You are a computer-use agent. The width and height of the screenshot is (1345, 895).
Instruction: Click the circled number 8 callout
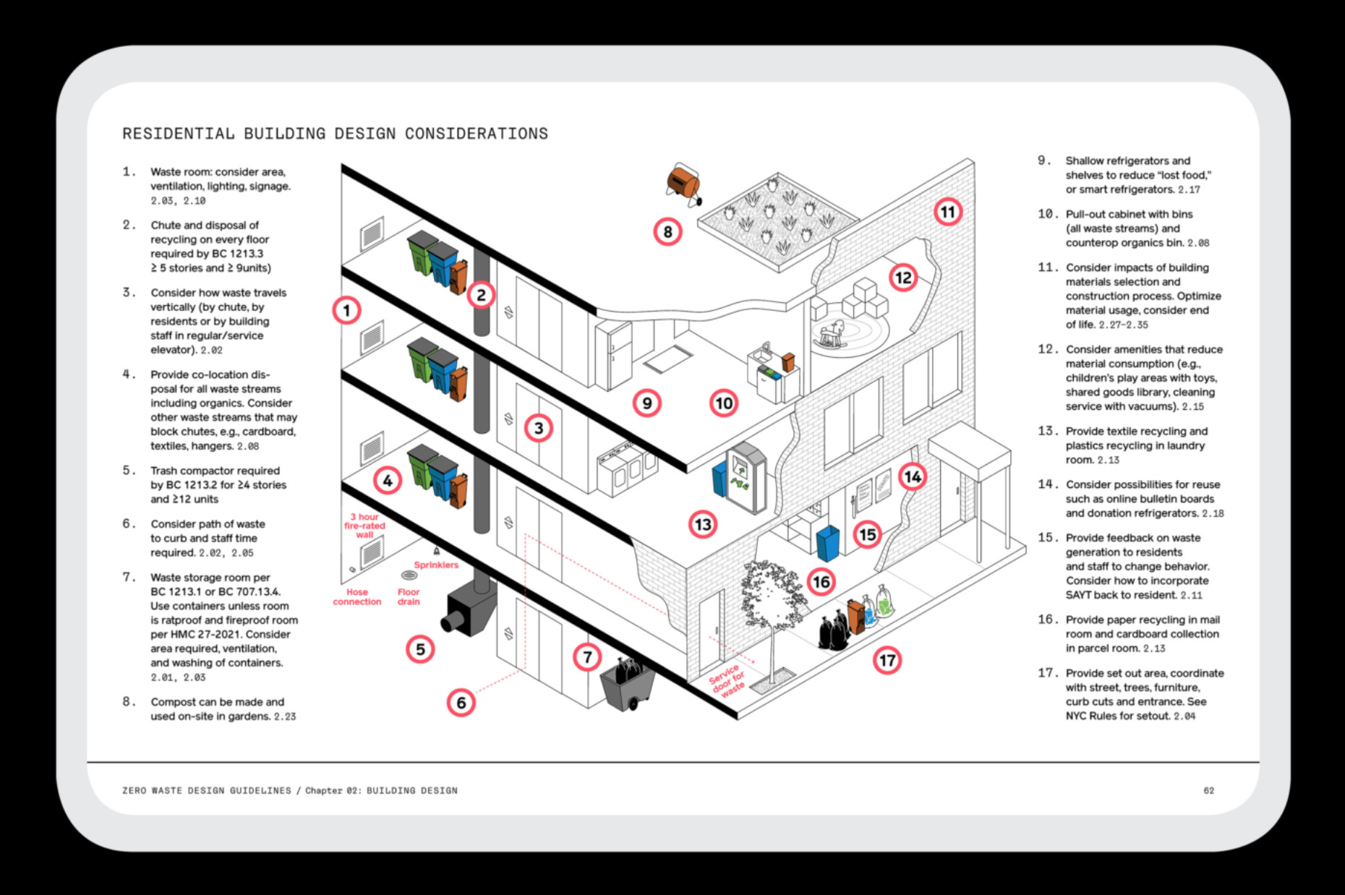tap(667, 232)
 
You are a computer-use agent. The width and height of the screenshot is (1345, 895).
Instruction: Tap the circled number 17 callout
tap(887, 660)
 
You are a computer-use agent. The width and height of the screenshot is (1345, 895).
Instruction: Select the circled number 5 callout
tap(420, 649)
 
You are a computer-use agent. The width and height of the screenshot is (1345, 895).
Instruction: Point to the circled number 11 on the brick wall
tap(947, 212)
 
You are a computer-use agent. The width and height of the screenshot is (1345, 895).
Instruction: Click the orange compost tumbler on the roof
tap(683, 181)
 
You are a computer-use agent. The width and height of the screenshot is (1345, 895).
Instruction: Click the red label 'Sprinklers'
tap(436, 565)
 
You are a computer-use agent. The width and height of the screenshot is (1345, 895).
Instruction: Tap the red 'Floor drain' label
tap(409, 596)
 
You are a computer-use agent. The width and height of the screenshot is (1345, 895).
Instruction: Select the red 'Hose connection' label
tap(357, 596)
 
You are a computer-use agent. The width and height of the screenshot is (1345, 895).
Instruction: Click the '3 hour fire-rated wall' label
tap(365, 526)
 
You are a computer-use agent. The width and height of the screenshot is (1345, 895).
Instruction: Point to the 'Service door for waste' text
tap(727, 680)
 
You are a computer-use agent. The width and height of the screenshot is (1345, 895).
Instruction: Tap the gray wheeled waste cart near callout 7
tap(627, 687)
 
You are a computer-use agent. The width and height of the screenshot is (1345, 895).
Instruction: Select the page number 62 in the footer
tap(1208, 790)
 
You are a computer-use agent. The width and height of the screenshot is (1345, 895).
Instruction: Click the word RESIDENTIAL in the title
tap(178, 134)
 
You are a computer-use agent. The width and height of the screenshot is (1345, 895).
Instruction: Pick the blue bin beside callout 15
tap(827, 542)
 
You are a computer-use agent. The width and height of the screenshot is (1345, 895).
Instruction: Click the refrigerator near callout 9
tap(614, 354)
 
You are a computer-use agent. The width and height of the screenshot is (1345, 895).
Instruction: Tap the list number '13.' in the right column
tap(1047, 431)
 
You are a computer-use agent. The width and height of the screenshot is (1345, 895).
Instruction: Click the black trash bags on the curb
tap(833, 631)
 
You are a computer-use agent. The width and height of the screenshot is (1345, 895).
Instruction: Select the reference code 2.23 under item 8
tap(285, 716)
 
